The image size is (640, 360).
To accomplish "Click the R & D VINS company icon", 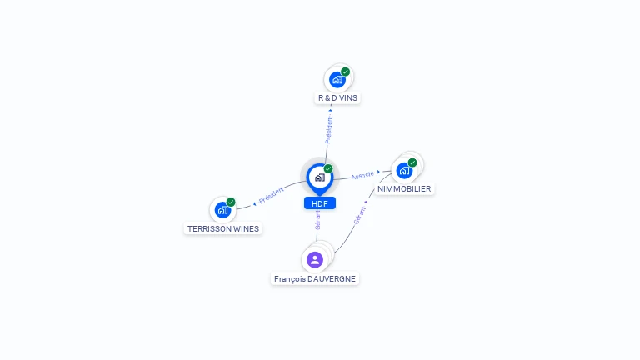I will (x=337, y=80).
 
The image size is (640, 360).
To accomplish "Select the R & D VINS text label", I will (x=338, y=98).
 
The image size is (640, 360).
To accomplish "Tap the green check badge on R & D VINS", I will (x=345, y=72).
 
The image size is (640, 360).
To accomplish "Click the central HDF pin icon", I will (x=319, y=177).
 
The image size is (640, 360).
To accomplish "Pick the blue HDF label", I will (x=319, y=203).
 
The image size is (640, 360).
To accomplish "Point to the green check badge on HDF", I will (x=328, y=169).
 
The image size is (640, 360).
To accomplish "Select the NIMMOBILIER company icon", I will (x=404, y=171).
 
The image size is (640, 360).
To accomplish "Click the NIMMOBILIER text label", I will (x=404, y=189).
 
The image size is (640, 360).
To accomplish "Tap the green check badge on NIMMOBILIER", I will (x=412, y=162).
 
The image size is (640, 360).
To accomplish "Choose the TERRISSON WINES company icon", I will (x=222, y=210).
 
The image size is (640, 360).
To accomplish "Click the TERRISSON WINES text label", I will (x=222, y=228).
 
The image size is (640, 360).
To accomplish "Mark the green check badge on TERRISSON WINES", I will (x=231, y=202).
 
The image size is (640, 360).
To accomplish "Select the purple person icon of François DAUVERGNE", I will (x=314, y=260).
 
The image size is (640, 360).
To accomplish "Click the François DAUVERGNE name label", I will (x=315, y=278).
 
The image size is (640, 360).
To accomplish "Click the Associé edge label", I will (x=362, y=176).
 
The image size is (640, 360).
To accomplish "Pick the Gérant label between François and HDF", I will (x=317, y=219).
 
